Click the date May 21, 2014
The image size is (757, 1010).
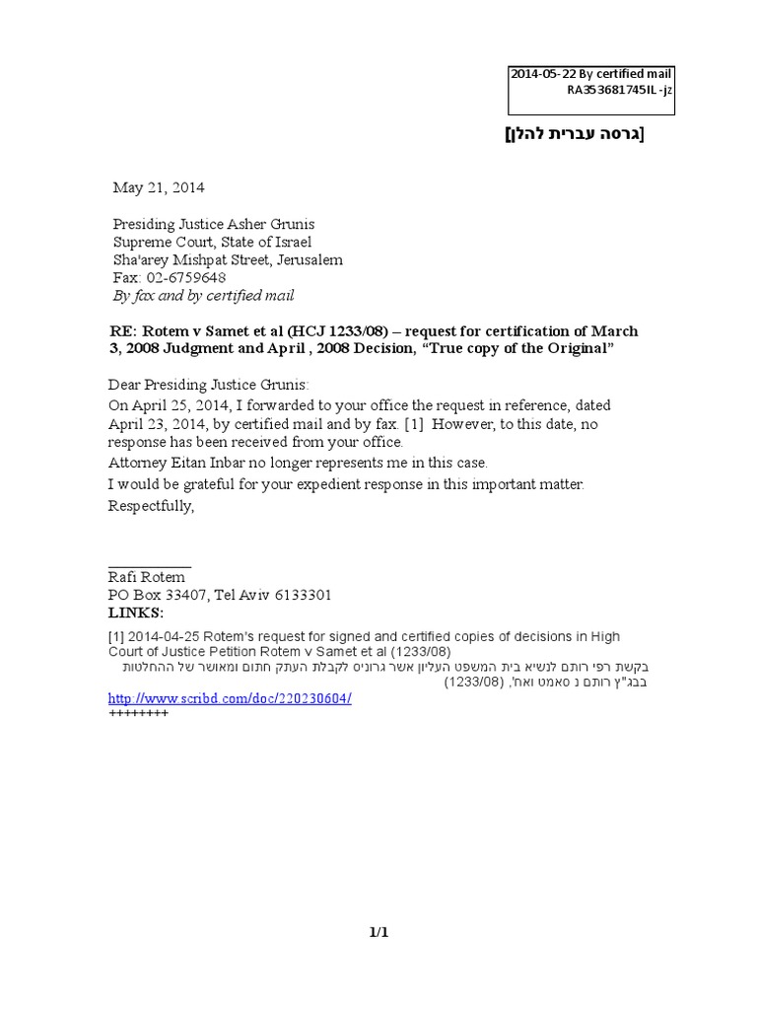[159, 187]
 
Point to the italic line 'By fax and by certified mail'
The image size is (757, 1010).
[203, 296]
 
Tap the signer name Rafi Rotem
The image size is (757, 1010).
[147, 577]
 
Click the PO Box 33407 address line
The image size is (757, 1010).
[219, 596]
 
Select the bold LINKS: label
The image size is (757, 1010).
[135, 613]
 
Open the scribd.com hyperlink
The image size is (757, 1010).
[229, 698]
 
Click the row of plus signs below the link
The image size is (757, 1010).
[138, 713]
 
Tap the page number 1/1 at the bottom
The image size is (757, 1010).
[379, 931]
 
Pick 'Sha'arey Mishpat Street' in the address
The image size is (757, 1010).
[194, 260]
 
